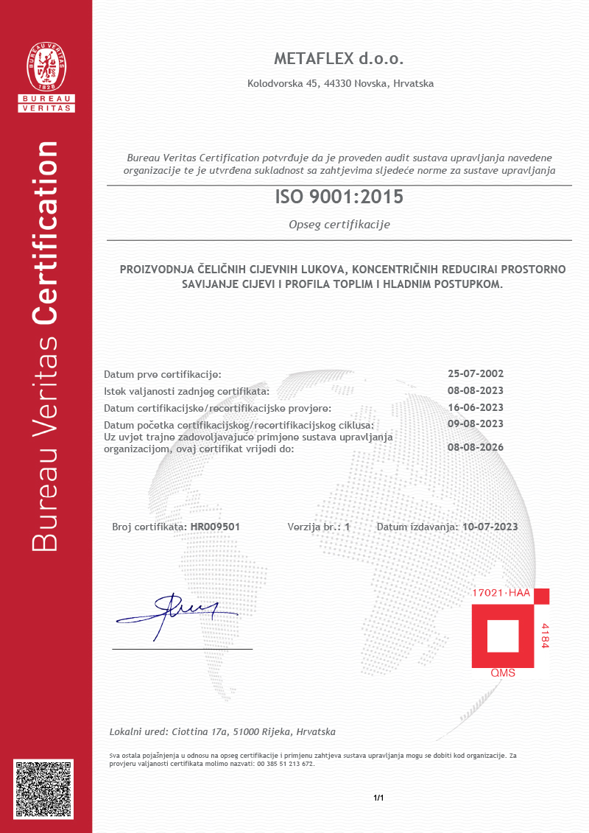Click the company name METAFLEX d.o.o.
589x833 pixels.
click(339, 59)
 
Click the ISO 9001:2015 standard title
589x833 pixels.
click(339, 197)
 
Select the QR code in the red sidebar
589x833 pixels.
click(46, 788)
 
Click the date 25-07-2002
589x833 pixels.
click(476, 373)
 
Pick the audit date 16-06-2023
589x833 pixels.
click(476, 407)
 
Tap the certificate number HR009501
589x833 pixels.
click(215, 527)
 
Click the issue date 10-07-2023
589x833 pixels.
click(490, 527)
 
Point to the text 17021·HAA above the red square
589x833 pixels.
click(501, 593)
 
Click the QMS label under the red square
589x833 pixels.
click(503, 673)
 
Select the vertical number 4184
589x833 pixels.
click(545, 635)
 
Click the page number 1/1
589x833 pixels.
click(379, 798)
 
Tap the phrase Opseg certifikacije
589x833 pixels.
click(339, 225)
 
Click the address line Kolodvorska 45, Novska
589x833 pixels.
click(340, 84)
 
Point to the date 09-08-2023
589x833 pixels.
click(476, 423)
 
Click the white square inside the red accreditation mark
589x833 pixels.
click(503, 636)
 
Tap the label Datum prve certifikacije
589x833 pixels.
click(163, 374)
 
